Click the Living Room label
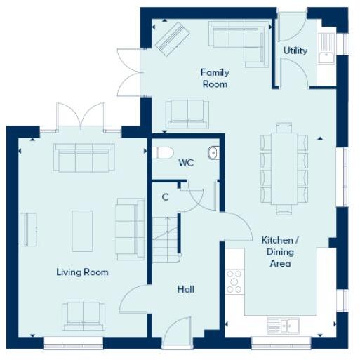click(83, 272)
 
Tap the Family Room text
click(214, 78)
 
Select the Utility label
click(295, 51)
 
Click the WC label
click(185, 163)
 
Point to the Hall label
click(185, 289)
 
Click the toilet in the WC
click(164, 152)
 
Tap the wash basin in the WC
click(213, 152)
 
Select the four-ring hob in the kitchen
click(234, 282)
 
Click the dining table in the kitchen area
click(284, 168)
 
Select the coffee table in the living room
click(82, 231)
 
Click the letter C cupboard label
click(165, 197)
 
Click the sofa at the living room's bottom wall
click(83, 315)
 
